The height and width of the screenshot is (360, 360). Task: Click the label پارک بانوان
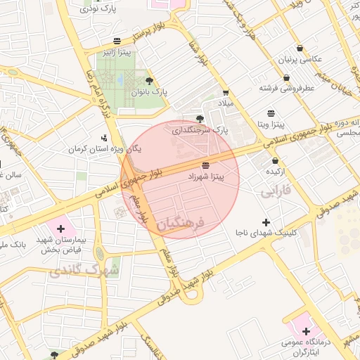pyautogui.click(x=149, y=92)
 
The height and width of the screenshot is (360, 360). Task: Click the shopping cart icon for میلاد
pyautogui.click(x=225, y=92)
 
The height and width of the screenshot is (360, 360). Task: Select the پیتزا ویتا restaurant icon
pyautogui.click(x=271, y=112)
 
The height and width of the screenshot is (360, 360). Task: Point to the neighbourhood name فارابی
pyautogui.click(x=274, y=191)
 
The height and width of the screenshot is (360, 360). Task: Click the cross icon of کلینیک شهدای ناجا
pyautogui.click(x=266, y=222)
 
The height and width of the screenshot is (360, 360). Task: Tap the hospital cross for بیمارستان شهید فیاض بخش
pyautogui.click(x=60, y=229)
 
